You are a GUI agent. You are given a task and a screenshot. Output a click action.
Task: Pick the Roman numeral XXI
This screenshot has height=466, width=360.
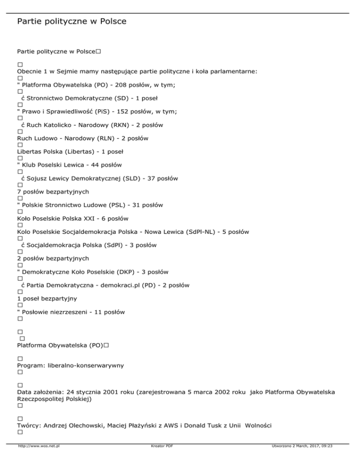91,218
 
